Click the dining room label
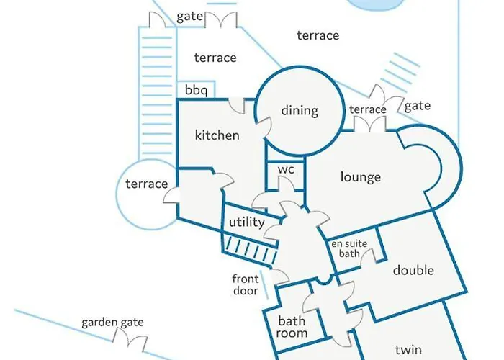click(x=300, y=111)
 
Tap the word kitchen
click(x=217, y=135)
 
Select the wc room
click(x=287, y=171)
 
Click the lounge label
click(x=361, y=177)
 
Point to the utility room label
click(x=246, y=223)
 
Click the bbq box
click(x=196, y=91)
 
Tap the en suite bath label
click(x=349, y=249)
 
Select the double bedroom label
click(x=413, y=271)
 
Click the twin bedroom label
click(x=408, y=350)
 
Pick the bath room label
click(x=293, y=328)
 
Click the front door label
click(x=245, y=285)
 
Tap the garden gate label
click(x=112, y=323)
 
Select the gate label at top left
click(x=189, y=16)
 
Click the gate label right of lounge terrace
click(x=417, y=106)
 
